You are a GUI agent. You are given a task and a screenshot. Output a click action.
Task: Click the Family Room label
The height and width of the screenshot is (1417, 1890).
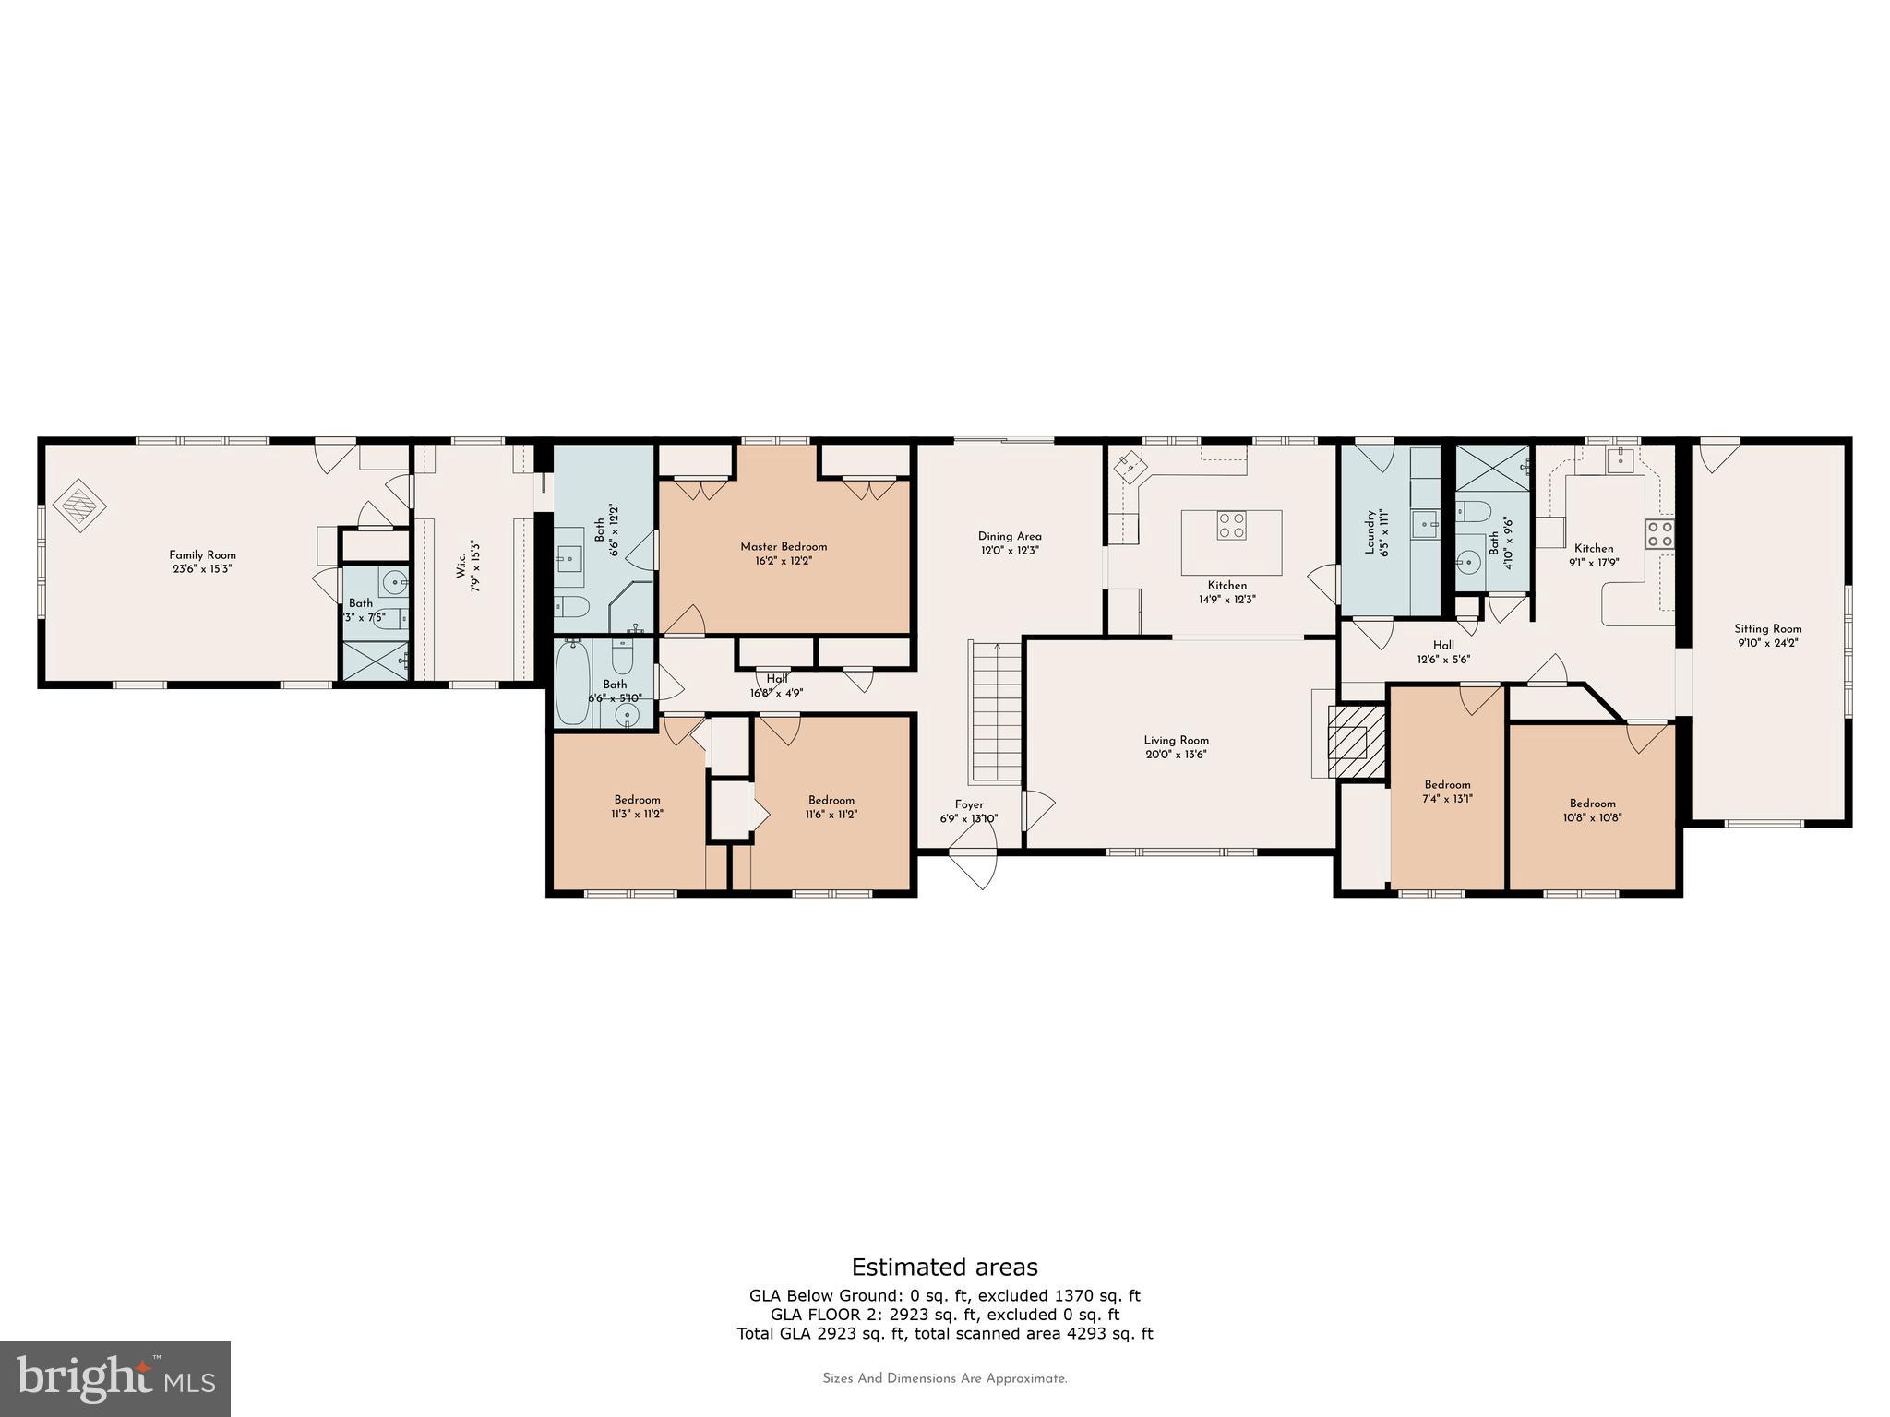click(202, 555)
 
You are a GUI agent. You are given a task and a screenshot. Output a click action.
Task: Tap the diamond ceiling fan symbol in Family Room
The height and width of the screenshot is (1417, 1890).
click(79, 505)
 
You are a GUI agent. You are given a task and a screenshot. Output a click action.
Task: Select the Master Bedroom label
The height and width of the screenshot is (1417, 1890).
click(784, 547)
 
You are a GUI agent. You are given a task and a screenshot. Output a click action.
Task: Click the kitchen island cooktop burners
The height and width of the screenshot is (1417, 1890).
click(1231, 526)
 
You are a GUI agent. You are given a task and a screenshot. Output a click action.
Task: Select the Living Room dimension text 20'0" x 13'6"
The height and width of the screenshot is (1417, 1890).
click(1176, 755)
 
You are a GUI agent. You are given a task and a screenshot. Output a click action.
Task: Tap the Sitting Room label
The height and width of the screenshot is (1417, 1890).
click(1767, 629)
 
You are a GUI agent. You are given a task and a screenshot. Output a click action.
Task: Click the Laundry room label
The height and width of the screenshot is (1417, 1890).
click(1370, 532)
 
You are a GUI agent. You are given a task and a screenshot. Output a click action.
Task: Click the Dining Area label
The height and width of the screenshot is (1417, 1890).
click(1010, 536)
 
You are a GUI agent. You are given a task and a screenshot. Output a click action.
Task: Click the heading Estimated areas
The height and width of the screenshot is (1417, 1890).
click(944, 1267)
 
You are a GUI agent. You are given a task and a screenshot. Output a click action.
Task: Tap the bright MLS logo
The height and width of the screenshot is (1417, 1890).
click(115, 1378)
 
